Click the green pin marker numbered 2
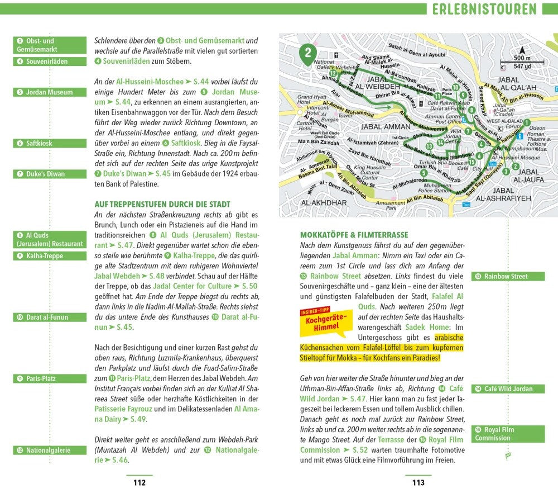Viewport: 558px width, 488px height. (x=306, y=54)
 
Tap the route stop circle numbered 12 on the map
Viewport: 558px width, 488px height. (x=333, y=73)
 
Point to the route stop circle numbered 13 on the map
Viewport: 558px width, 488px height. (x=429, y=146)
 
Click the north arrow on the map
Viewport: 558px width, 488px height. (x=522, y=50)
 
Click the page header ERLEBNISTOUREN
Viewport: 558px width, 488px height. (x=484, y=9)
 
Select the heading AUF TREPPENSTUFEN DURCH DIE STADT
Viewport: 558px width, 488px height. (x=162, y=205)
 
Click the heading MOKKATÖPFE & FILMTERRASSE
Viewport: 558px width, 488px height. (x=354, y=235)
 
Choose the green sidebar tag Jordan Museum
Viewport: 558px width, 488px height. (x=50, y=92)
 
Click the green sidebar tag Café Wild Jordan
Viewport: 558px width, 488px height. (x=508, y=388)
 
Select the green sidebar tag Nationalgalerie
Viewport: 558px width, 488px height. (x=50, y=449)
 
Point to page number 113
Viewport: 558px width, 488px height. (x=418, y=482)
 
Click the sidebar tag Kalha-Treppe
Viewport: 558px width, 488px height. (x=50, y=256)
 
